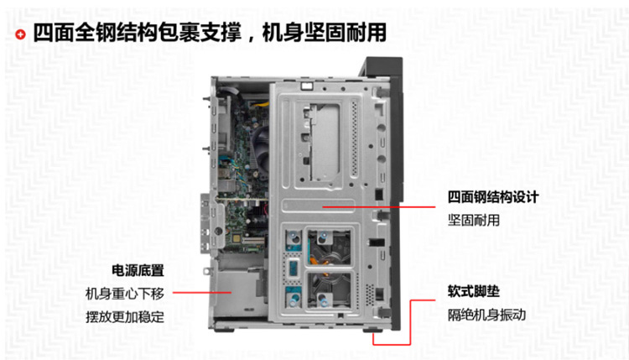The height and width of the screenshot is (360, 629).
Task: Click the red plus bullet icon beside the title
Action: coord(20,34)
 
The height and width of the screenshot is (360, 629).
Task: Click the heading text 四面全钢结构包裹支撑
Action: coord(138,32)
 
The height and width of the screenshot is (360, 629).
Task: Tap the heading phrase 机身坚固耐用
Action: coord(324,32)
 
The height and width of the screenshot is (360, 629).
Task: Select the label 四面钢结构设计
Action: coord(493,197)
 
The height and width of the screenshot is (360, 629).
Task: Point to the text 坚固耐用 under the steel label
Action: coord(473,220)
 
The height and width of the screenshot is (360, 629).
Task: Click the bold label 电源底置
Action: coord(138,270)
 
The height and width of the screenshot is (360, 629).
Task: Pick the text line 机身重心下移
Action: coord(125,294)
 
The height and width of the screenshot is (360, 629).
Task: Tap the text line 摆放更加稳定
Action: coord(125,316)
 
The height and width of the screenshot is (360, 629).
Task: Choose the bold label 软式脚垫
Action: coord(473,291)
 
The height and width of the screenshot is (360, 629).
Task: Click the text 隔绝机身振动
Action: coord(486,315)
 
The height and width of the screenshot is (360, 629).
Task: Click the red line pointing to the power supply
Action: coord(202,293)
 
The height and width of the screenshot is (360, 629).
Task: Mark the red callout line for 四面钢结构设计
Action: coord(379,207)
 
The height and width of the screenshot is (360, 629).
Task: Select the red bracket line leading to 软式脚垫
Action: coord(410,321)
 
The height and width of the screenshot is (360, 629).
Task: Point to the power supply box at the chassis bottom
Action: coord(239,292)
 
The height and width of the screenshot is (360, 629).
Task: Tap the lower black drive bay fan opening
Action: coord(329,290)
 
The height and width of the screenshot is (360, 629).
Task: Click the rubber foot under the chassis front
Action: coord(372,330)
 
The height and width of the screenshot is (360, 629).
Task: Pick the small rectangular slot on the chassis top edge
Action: coord(306,86)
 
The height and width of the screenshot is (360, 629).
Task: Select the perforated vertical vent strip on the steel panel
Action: coord(354,138)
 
